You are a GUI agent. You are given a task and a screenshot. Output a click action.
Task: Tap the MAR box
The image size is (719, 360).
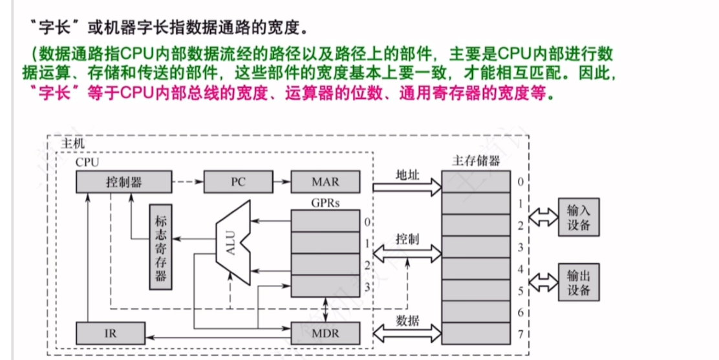325,182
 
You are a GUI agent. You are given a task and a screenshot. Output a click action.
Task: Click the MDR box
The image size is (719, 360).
325,334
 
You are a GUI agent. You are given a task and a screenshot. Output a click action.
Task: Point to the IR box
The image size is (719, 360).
110,334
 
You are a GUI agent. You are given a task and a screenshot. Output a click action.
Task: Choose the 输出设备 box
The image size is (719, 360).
578,281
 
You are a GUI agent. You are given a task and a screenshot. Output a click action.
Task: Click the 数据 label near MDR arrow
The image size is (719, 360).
407,321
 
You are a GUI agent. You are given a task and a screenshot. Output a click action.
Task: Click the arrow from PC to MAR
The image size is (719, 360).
281,182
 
